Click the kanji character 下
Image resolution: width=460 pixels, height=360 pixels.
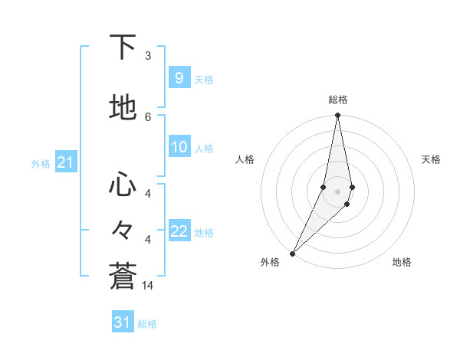(x=123, y=47)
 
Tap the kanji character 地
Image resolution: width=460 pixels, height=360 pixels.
(x=123, y=108)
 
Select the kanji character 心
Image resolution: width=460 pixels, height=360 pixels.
(x=123, y=184)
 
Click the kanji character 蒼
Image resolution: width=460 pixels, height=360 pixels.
(x=123, y=277)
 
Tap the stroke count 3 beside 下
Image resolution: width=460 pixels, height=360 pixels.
(x=148, y=56)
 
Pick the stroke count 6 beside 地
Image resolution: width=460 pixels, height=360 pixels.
(x=148, y=116)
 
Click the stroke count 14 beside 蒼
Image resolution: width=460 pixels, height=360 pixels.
(x=148, y=285)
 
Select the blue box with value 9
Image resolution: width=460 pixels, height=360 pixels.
(x=179, y=78)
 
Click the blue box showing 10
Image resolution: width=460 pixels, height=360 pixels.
(x=179, y=148)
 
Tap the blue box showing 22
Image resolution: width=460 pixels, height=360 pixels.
(x=179, y=232)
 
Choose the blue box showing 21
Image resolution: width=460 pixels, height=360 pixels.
(x=65, y=163)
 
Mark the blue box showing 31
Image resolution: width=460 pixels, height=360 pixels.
(x=123, y=322)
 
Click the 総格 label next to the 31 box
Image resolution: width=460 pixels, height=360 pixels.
(x=147, y=324)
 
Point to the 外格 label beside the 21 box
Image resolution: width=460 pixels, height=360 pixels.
(x=41, y=164)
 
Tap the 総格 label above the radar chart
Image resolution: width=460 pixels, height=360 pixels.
(x=338, y=100)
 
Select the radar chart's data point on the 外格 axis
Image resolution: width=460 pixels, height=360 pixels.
(x=292, y=253)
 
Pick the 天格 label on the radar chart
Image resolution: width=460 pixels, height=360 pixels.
(x=431, y=159)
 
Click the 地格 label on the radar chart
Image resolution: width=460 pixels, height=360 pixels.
(x=402, y=262)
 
